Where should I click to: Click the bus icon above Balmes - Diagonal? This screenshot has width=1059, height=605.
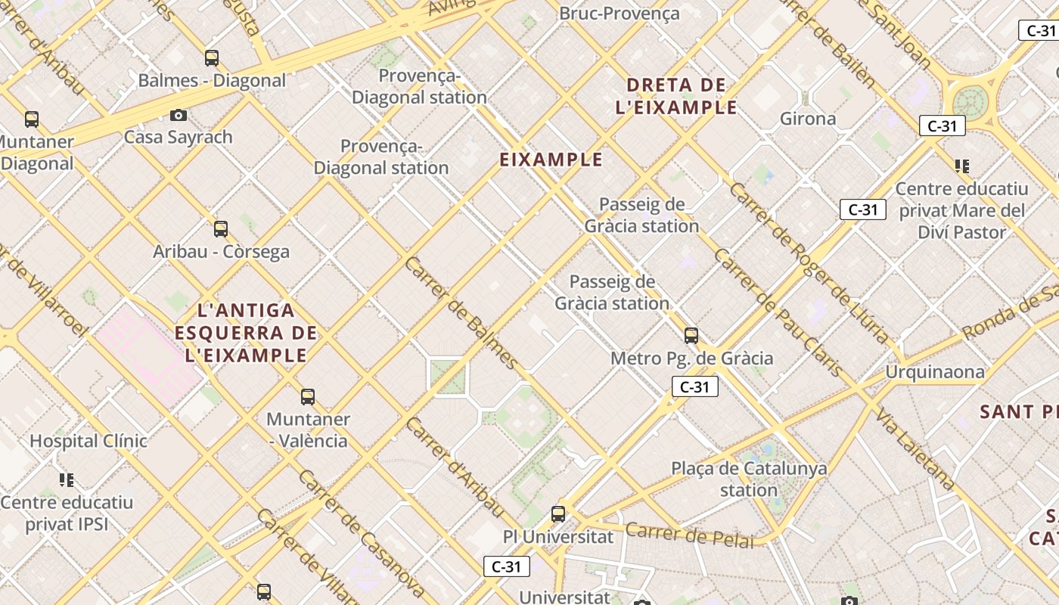coord(212,57)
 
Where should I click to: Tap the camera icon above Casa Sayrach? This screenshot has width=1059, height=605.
coord(179,115)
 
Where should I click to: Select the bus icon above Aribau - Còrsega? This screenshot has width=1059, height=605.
coord(221,228)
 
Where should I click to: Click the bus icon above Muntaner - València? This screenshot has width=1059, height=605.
coord(308,396)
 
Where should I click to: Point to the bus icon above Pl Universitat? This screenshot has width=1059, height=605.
coord(558,514)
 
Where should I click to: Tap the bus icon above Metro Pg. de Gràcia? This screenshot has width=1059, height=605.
coord(691,336)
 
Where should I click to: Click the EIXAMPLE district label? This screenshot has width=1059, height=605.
coord(551,160)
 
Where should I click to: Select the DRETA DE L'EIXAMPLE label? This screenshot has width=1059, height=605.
coord(676,96)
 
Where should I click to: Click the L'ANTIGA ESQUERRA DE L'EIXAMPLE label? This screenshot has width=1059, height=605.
coord(246,333)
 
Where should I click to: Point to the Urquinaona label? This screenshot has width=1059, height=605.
coord(935,371)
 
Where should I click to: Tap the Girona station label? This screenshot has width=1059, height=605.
coord(808,119)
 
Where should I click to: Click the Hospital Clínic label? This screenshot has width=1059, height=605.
coord(89,440)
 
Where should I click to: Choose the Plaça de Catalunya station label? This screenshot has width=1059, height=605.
coord(749,479)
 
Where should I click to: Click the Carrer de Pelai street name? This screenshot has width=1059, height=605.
coord(690,534)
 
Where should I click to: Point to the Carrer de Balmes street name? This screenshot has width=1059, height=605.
coord(461,313)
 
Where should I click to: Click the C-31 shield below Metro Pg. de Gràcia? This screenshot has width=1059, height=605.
coord(694,387)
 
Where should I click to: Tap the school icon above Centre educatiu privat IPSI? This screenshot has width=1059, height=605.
coord(67,479)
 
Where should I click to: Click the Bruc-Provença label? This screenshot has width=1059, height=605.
coord(619,13)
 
